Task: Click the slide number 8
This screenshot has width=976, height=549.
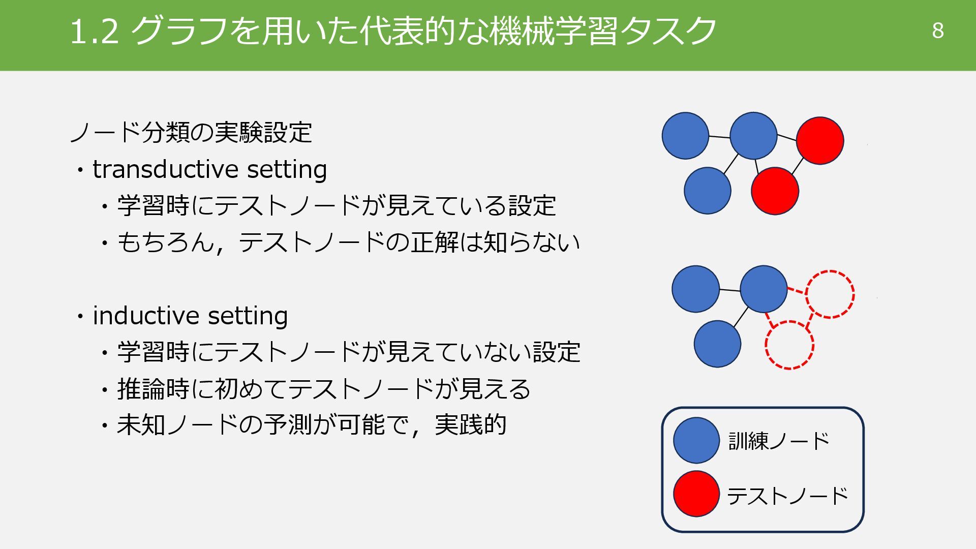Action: (938, 31)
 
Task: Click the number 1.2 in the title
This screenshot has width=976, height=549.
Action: (95, 32)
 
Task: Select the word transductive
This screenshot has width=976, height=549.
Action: (165, 169)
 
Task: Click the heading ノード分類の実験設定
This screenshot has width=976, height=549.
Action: (191, 133)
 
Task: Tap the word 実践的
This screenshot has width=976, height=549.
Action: (471, 425)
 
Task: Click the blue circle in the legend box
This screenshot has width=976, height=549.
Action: (696, 440)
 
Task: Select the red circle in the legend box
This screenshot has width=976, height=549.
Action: (696, 494)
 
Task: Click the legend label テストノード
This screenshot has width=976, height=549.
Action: (787, 496)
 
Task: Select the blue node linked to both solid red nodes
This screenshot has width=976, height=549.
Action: (753, 136)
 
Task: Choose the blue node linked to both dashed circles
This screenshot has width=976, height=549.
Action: (764, 289)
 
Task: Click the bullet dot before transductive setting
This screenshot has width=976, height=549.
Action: (80, 170)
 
